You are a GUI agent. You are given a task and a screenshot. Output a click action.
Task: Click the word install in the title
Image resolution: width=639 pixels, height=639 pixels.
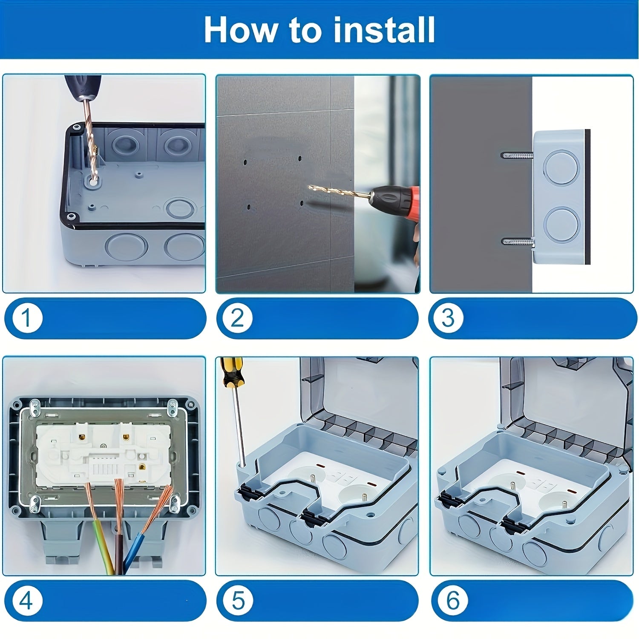(383, 30)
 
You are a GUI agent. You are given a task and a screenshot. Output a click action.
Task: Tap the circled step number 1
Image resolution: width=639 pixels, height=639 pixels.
(26, 318)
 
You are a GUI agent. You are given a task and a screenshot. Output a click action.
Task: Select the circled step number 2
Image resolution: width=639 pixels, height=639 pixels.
(237, 318)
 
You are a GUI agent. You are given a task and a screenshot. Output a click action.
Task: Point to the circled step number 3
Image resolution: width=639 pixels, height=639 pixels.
(449, 318)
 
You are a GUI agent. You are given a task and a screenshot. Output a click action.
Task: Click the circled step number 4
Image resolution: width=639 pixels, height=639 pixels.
(26, 601)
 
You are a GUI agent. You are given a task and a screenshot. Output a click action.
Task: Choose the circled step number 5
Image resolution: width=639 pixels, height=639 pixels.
(238, 601)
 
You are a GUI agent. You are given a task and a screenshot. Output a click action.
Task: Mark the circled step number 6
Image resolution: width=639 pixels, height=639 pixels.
(452, 601)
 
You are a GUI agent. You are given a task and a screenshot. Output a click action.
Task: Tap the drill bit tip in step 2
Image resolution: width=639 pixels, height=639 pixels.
(311, 187)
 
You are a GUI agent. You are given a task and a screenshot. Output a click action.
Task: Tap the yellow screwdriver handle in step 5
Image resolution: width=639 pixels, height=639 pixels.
(230, 373)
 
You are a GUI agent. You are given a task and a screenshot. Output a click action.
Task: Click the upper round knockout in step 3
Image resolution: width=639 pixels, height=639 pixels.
(561, 167)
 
